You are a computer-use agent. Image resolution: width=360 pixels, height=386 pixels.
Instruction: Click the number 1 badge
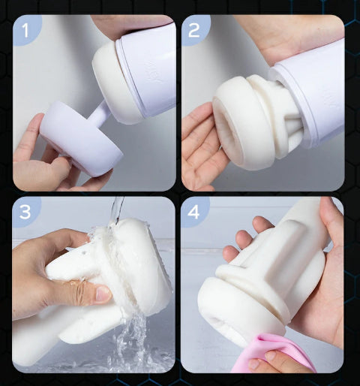pyautogui.click(x=25, y=31)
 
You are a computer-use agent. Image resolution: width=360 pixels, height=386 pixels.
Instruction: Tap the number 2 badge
pyautogui.click(x=194, y=31)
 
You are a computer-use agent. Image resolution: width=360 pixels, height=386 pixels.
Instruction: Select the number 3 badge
pyautogui.click(x=25, y=212)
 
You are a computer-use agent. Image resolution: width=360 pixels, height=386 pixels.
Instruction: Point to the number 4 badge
pyautogui.click(x=193, y=212)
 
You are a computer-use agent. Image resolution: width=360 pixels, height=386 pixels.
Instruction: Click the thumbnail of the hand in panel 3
pyautogui.click(x=103, y=294)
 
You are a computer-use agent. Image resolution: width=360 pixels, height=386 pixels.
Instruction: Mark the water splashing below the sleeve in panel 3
pyautogui.click(x=133, y=343)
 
